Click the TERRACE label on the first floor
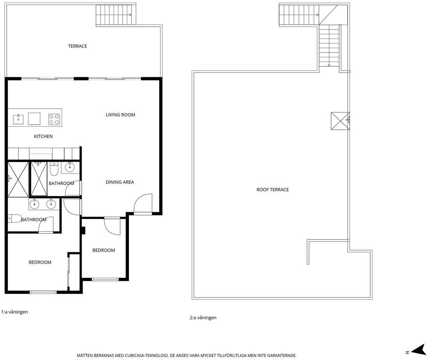(77, 46)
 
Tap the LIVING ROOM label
(121, 115)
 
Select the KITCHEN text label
(43, 136)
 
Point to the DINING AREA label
(120, 182)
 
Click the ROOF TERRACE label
(273, 190)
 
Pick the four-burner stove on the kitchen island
(54, 119)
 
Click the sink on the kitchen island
(18, 119)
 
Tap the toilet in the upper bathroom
(54, 169)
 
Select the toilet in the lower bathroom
(15, 218)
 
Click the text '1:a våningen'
(15, 312)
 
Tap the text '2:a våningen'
(203, 317)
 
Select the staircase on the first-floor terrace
(116, 15)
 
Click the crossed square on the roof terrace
(340, 121)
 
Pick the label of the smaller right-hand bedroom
(104, 250)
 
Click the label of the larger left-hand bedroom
(40, 262)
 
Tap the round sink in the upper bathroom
(70, 167)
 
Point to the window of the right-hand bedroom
(105, 279)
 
